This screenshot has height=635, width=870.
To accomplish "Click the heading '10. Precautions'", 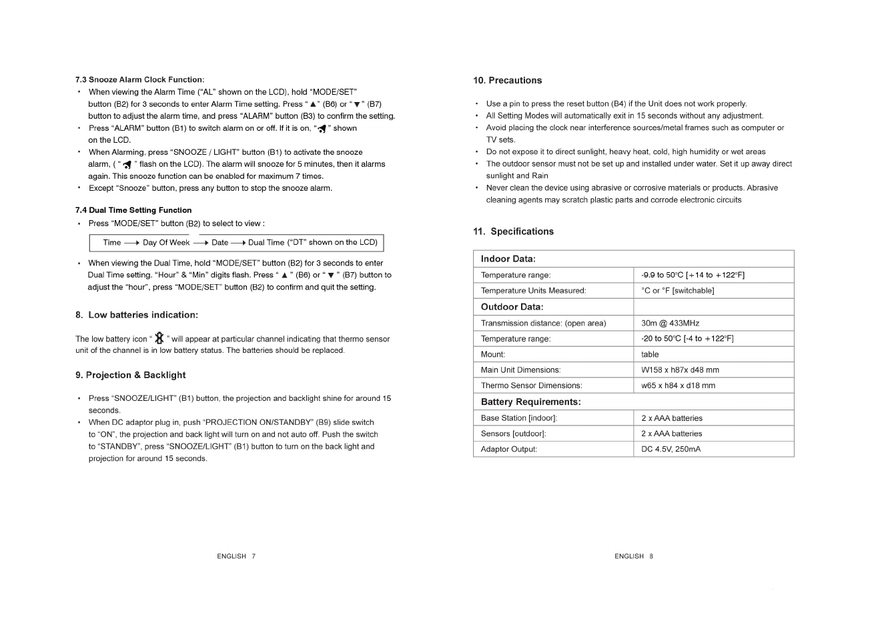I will coord(507,81).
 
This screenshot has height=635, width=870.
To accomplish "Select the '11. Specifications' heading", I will coord(513,231).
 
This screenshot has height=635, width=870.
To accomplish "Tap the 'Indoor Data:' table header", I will coord(508,259).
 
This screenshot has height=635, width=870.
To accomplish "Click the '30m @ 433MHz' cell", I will coord(670,324).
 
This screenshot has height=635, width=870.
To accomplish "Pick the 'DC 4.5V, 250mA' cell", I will coord(671,449).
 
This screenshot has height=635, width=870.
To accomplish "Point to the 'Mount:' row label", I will coord(493,354).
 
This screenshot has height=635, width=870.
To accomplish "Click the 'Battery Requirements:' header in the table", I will coord(530,402).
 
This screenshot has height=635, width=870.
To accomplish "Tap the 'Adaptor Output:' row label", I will coord(508,449).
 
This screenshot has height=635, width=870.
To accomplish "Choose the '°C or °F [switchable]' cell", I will coord(677,291).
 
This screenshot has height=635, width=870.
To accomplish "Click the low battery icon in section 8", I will coord(159,339).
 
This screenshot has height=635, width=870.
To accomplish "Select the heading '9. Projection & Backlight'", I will coord(130,375).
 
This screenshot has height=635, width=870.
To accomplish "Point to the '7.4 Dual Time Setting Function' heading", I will coord(133,210).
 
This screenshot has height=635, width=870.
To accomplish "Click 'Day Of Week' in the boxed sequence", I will coord(166,243).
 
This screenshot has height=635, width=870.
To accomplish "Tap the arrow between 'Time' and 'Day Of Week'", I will coord(131,243).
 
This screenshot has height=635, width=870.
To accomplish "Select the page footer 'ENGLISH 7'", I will coord(236,556).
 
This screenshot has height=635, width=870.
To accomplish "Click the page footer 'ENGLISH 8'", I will coord(634,556).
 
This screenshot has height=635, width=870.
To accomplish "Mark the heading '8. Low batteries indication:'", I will coord(136,315).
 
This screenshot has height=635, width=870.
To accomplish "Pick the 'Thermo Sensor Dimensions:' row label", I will coord(531,386).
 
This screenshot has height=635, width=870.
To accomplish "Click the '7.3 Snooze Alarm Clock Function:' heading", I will coord(139,79).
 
